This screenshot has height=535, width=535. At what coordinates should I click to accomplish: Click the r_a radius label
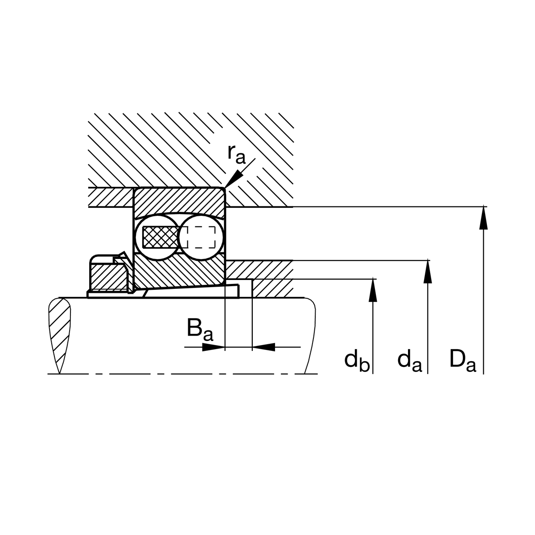point(237,155)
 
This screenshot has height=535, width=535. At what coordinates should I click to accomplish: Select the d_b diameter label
point(357,361)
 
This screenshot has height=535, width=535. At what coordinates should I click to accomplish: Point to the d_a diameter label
point(410,361)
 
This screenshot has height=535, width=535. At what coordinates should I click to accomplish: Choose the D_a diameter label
point(463,361)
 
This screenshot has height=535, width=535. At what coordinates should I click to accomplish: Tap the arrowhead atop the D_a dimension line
point(483,218)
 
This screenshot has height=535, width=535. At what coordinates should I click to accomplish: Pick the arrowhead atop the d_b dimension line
point(373,290)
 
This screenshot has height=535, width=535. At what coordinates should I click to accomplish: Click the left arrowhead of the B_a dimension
point(214,347)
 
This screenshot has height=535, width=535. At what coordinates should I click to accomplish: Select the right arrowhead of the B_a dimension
point(263,347)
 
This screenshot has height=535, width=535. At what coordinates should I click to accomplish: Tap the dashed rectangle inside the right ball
point(201,237)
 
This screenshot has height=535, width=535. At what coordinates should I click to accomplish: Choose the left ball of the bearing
point(158,237)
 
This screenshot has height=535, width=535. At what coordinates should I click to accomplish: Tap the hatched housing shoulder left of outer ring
point(111,198)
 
